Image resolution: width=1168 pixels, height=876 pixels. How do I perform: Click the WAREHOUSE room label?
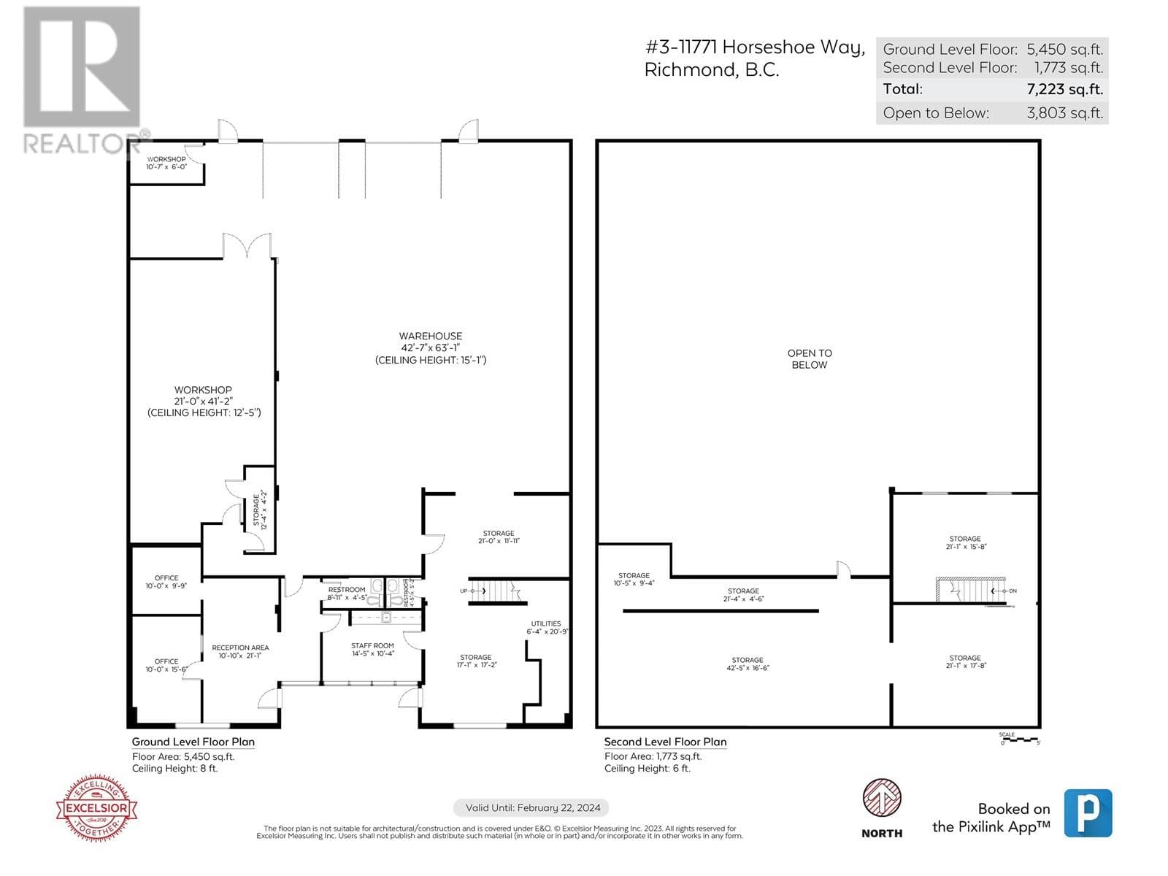pyautogui.click(x=431, y=347)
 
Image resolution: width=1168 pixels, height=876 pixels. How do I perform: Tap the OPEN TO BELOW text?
pyautogui.click(x=809, y=358)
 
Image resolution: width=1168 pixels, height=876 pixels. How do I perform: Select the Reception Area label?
pyautogui.click(x=240, y=651)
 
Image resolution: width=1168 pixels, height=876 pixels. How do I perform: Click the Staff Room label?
pyautogui.click(x=372, y=649)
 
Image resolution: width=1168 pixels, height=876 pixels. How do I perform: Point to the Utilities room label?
pyautogui.click(x=547, y=627)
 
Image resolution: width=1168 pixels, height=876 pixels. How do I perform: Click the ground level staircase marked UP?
pyautogui.click(x=496, y=591)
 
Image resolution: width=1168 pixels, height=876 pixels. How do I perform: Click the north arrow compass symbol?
pyautogui.click(x=882, y=798)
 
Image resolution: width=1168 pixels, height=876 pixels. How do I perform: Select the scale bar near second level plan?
pyautogui.click(x=1019, y=739)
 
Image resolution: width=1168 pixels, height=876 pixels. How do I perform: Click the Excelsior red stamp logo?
pyautogui.click(x=97, y=807)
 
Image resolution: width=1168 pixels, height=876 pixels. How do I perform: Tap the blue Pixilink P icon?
pyautogui.click(x=1088, y=812)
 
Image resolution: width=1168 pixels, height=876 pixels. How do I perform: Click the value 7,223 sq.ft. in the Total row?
pyautogui.click(x=1064, y=90)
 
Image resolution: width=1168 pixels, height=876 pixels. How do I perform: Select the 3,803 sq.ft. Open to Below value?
pyautogui.click(x=1064, y=113)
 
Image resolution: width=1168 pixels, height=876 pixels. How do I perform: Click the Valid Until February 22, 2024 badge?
pyautogui.click(x=533, y=807)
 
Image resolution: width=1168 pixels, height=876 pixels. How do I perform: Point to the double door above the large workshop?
pyautogui.click(x=247, y=246)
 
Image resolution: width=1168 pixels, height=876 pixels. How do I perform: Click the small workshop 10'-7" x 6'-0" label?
pyautogui.click(x=166, y=163)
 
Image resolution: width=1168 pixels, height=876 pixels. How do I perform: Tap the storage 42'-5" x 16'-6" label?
pyautogui.click(x=748, y=664)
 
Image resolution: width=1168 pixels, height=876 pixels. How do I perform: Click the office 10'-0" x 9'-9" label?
pyautogui.click(x=166, y=582)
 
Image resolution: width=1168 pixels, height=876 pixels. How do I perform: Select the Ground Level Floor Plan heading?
pyautogui.click(x=193, y=742)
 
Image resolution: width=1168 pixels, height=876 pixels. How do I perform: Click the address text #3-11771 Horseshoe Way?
pyautogui.click(x=755, y=47)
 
